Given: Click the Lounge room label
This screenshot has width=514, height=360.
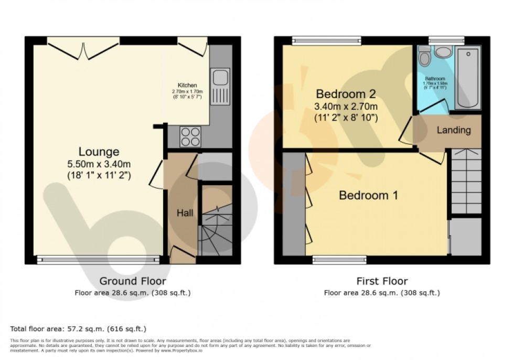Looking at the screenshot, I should pyautogui.click(x=99, y=152).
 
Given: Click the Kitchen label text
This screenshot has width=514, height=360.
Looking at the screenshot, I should pyautogui.click(x=187, y=85).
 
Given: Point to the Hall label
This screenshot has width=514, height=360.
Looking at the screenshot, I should pyautogui.click(x=185, y=213).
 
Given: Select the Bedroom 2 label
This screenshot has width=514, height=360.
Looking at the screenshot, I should pyautogui.click(x=346, y=94).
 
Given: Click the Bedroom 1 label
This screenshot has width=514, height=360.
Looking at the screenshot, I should pyautogui.click(x=368, y=196).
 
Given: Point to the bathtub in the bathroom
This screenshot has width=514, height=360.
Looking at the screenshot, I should pyautogui.click(x=468, y=78).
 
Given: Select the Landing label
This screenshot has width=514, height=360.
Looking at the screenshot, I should pyautogui.click(x=454, y=130).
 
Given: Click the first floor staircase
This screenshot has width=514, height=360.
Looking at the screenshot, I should pyautogui.click(x=466, y=181).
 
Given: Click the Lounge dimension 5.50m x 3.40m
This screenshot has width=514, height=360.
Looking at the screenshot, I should pyautogui.click(x=99, y=165).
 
